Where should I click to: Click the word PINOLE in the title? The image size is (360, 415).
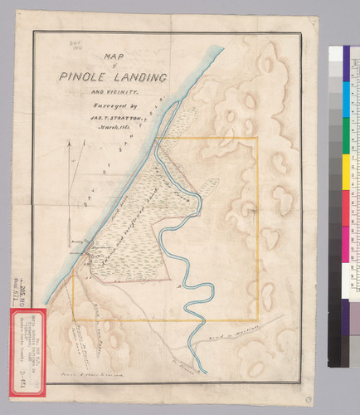[x=80, y=77]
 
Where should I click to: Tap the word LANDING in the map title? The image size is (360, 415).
[x=136, y=77]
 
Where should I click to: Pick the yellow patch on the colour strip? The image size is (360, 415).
[x=335, y=171]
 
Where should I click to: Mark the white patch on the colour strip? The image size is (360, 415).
[x=335, y=275]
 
